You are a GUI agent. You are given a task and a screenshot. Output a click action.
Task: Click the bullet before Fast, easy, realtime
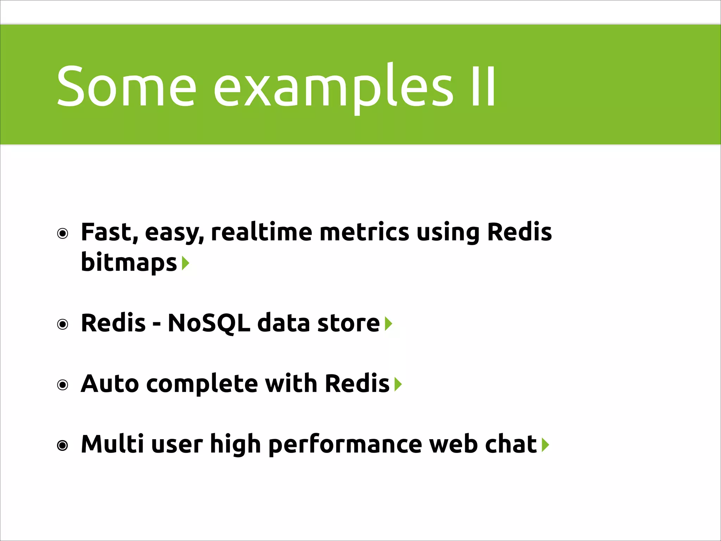point(63,234)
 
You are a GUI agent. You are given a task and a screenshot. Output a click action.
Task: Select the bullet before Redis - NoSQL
point(63,324)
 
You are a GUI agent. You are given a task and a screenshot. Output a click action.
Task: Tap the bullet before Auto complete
point(63,385)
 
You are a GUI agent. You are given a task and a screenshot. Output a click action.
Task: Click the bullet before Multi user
point(63,446)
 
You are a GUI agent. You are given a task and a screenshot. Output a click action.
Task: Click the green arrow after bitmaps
point(186,263)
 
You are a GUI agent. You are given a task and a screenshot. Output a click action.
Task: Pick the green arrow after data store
point(388,324)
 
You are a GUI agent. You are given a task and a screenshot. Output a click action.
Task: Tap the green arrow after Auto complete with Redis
point(398,384)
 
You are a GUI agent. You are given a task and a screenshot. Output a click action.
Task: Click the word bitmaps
point(129,262)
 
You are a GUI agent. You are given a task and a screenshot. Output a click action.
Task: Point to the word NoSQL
point(209,323)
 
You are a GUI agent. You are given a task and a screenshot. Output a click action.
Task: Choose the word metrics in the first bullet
point(364,232)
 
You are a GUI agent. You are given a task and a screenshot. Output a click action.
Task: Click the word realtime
point(261,232)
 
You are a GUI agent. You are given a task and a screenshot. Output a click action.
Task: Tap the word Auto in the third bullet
point(110,384)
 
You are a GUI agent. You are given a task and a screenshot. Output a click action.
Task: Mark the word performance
point(345,444)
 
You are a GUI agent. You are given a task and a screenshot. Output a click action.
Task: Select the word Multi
point(112,444)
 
